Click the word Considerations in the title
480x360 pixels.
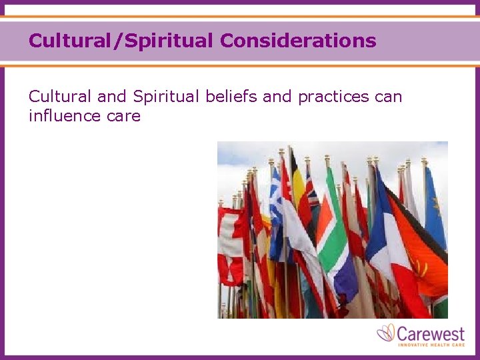(298, 41)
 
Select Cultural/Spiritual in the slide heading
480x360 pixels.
(122, 41)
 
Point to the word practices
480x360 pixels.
(333, 97)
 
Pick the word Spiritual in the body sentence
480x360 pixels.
(165, 97)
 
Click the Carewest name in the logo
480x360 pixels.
(431, 332)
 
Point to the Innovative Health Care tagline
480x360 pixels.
(431, 344)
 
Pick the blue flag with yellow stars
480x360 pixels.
(435, 200)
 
